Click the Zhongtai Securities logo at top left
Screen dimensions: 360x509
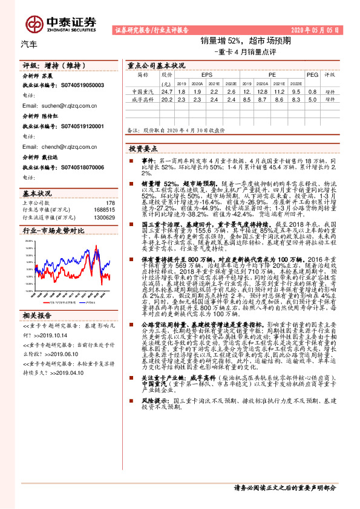(x=61, y=22)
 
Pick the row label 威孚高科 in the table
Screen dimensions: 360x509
(x=143, y=99)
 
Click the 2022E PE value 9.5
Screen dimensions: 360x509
(x=296, y=91)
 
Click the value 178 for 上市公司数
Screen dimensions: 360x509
(x=110, y=203)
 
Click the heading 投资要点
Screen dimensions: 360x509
(x=143, y=148)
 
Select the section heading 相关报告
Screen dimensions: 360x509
(x=38, y=316)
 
